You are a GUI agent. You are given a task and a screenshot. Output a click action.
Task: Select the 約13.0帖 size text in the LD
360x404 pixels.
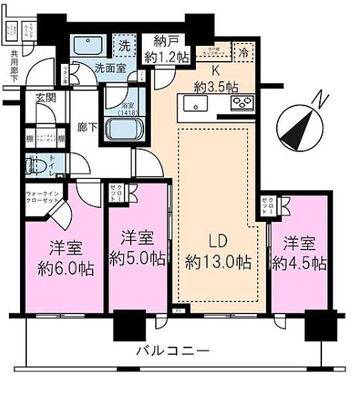coord(217,261)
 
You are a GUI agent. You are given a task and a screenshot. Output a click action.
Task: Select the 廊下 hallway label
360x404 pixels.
coord(88,128)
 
